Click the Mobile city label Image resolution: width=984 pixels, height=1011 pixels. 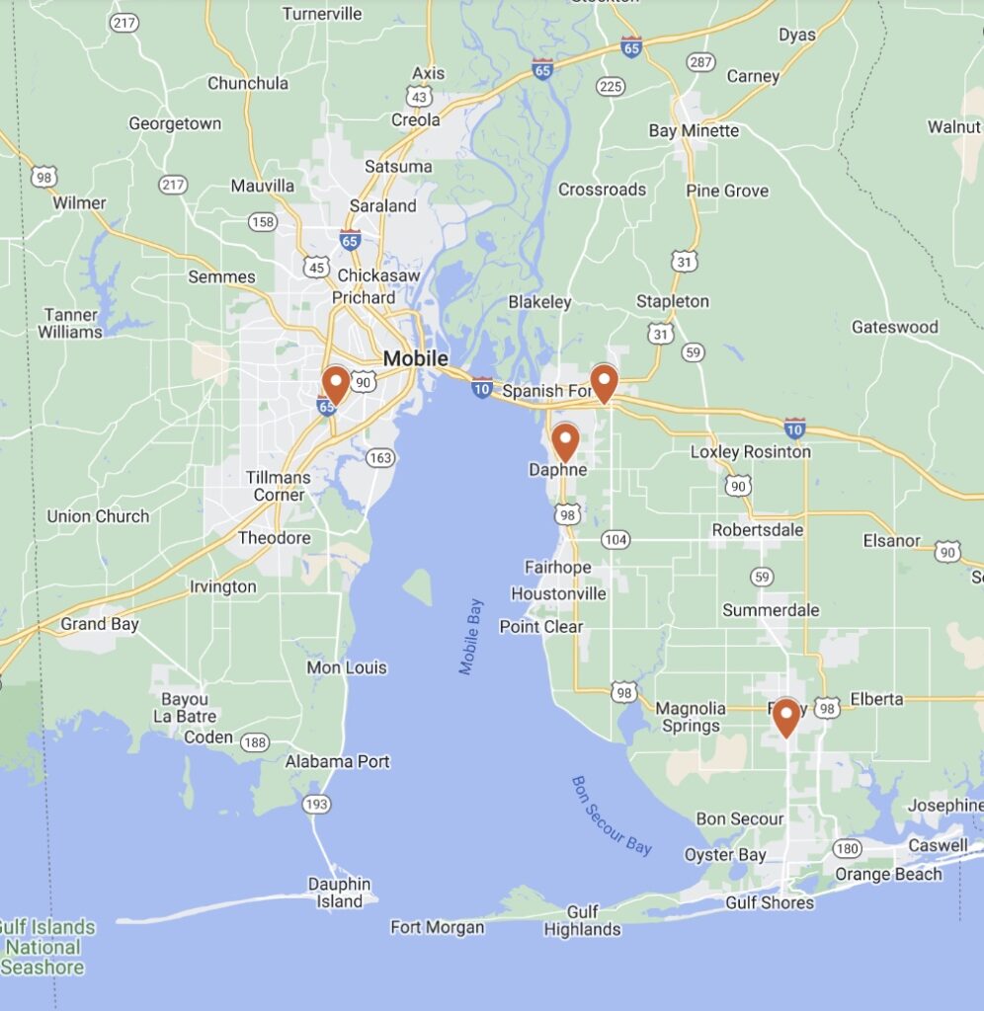point(415,358)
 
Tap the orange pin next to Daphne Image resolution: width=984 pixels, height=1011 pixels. point(565,441)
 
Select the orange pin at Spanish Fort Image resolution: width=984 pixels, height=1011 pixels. point(604,383)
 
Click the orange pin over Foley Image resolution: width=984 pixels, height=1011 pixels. point(785,717)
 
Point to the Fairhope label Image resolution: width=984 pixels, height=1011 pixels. point(557,568)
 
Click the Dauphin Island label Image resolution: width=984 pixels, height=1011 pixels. point(339,893)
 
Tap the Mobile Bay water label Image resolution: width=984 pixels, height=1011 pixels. point(471,637)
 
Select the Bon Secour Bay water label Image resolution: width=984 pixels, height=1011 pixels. point(613,816)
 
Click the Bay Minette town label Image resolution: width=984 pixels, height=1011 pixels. point(694,130)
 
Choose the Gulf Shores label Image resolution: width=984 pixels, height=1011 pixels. point(770,902)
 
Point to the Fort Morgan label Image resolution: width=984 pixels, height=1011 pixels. point(437,927)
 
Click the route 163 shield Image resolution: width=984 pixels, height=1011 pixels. point(380,457)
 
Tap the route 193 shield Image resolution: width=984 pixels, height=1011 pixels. point(316,805)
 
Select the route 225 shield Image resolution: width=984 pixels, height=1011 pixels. point(612,87)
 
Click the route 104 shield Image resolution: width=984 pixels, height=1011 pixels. point(615,539)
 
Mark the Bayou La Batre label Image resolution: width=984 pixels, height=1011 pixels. point(189,708)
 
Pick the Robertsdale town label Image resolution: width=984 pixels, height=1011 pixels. point(758,530)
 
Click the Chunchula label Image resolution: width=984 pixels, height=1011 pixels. point(247,83)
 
